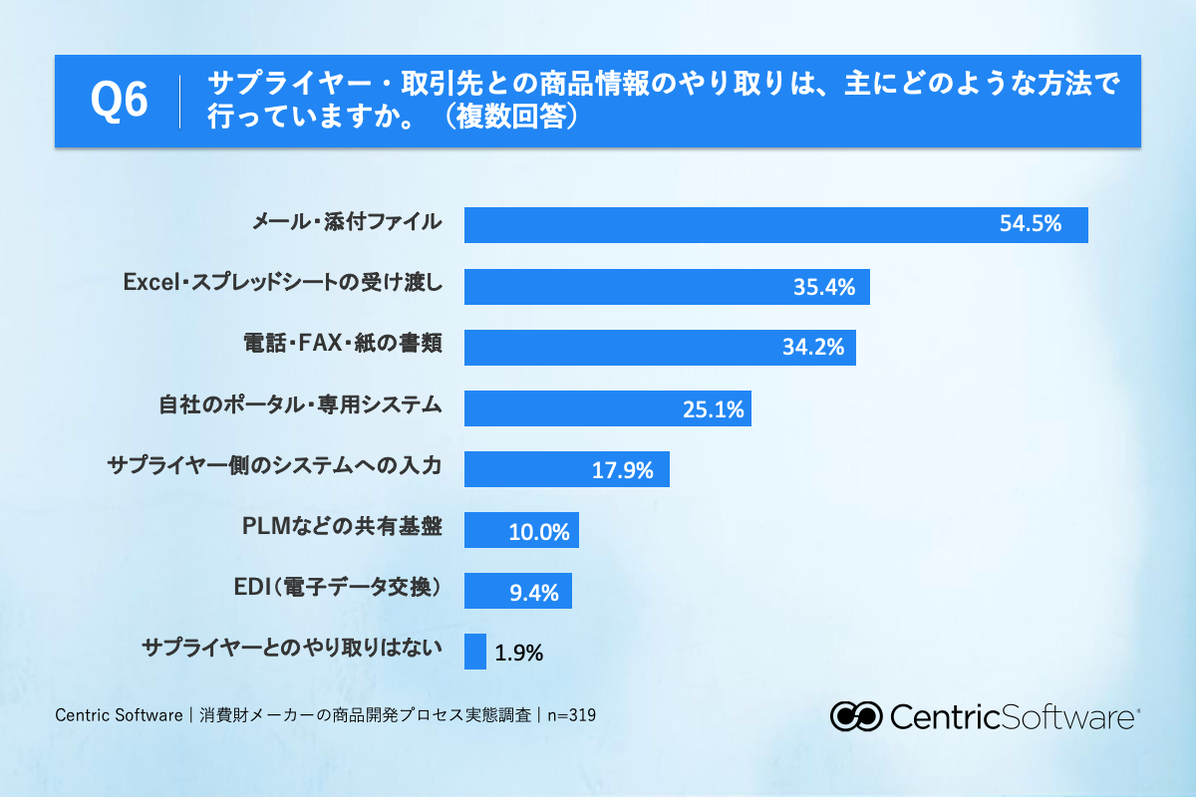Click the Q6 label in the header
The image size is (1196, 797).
click(x=119, y=100)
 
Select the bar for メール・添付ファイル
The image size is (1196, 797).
click(x=775, y=225)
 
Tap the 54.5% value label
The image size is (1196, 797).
click(x=1030, y=224)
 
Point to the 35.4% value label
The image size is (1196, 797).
click(x=824, y=287)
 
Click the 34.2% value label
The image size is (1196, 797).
click(x=813, y=348)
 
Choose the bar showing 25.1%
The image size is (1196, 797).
click(x=608, y=408)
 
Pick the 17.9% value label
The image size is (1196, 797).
click(x=623, y=470)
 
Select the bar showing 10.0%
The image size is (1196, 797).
click(x=521, y=530)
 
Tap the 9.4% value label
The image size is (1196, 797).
click(x=534, y=593)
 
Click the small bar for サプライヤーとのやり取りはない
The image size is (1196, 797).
click(x=475, y=652)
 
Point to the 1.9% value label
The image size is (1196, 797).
click(x=518, y=653)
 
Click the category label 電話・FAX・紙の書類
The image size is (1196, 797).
click(x=343, y=343)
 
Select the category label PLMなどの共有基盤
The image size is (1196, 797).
click(x=342, y=526)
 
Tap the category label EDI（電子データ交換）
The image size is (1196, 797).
click(x=338, y=587)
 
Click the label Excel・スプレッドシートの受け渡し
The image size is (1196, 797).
click(x=283, y=282)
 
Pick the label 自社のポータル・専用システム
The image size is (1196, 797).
click(x=301, y=404)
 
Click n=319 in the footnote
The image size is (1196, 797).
click(x=572, y=714)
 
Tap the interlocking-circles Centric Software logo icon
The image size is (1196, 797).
click(x=856, y=716)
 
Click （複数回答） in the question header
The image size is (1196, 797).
click(x=511, y=117)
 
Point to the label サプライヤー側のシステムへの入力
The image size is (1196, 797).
click(x=275, y=465)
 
